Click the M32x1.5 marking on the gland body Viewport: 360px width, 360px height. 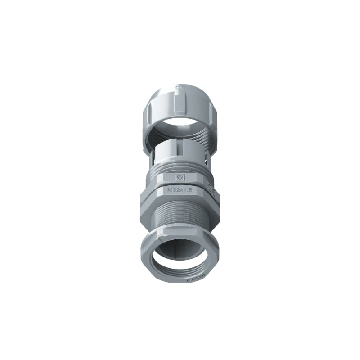coord(180,190)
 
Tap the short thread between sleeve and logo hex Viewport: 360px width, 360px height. coord(180,166)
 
